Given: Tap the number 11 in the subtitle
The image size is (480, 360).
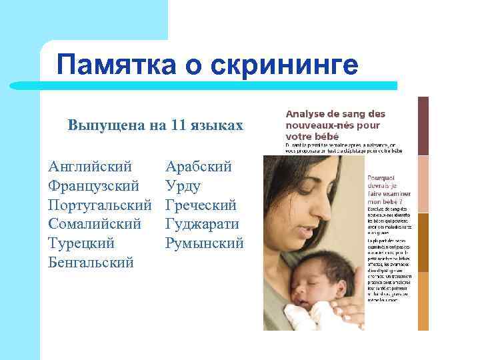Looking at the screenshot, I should pyautogui.click(x=177, y=125).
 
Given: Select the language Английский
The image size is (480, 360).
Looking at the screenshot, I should pyautogui.click(x=90, y=165).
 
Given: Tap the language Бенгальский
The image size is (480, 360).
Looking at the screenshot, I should pyautogui.click(x=91, y=262).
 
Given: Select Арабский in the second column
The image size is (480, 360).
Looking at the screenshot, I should pyautogui.click(x=198, y=165).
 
